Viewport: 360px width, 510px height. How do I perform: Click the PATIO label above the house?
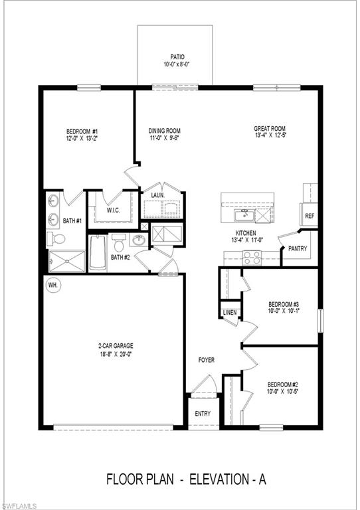(x=175, y=58)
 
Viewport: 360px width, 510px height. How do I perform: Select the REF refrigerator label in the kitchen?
(x=310, y=216)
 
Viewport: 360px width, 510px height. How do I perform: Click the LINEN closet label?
(x=230, y=312)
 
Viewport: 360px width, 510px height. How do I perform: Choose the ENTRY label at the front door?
(x=203, y=414)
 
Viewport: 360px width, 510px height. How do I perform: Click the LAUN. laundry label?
(x=158, y=195)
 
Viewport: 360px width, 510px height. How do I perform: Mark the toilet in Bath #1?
(x=57, y=238)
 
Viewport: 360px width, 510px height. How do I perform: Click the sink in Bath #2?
(x=140, y=240)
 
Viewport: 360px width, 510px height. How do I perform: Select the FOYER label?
(x=207, y=360)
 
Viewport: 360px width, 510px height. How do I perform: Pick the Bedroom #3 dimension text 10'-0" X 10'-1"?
(x=284, y=311)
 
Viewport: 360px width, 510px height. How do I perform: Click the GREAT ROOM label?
(x=270, y=129)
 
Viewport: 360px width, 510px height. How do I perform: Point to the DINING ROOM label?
(x=164, y=131)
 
